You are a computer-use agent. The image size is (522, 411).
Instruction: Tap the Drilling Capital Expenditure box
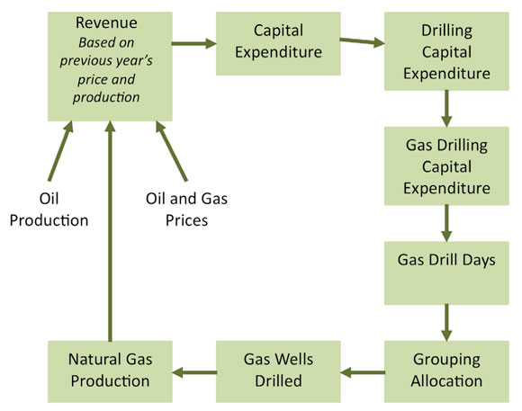pos(445,51)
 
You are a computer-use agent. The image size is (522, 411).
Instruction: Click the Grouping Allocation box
pos(445,370)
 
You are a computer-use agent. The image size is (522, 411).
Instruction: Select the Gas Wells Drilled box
pos(278,370)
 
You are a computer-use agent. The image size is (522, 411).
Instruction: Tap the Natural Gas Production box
pos(109,370)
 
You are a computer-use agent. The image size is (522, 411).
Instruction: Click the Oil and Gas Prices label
pos(176,208)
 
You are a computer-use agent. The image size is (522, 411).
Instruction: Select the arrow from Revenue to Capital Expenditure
pos(192,42)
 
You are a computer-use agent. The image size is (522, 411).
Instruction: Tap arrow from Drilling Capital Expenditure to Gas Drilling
pos(445,107)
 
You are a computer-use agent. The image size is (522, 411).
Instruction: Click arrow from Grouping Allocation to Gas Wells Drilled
pos(360,370)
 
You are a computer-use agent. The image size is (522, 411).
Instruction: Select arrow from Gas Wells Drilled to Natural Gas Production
pos(192,370)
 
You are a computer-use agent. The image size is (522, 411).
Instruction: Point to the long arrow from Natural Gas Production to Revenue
pos(109,234)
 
